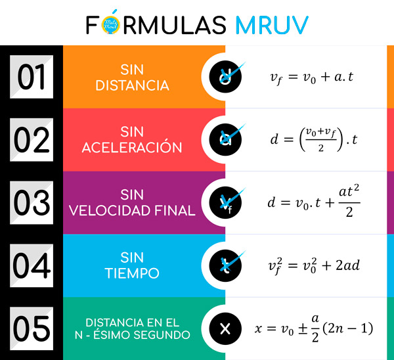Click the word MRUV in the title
click(x=271, y=24)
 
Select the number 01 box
click(x=31, y=77)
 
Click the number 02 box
click(x=31, y=139)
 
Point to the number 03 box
click(x=31, y=202)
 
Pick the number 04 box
click(x=31, y=265)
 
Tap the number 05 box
click(x=31, y=327)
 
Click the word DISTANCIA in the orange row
click(x=132, y=85)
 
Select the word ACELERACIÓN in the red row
click(x=132, y=148)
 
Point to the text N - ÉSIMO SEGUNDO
click(x=132, y=335)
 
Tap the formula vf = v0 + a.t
click(x=312, y=78)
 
